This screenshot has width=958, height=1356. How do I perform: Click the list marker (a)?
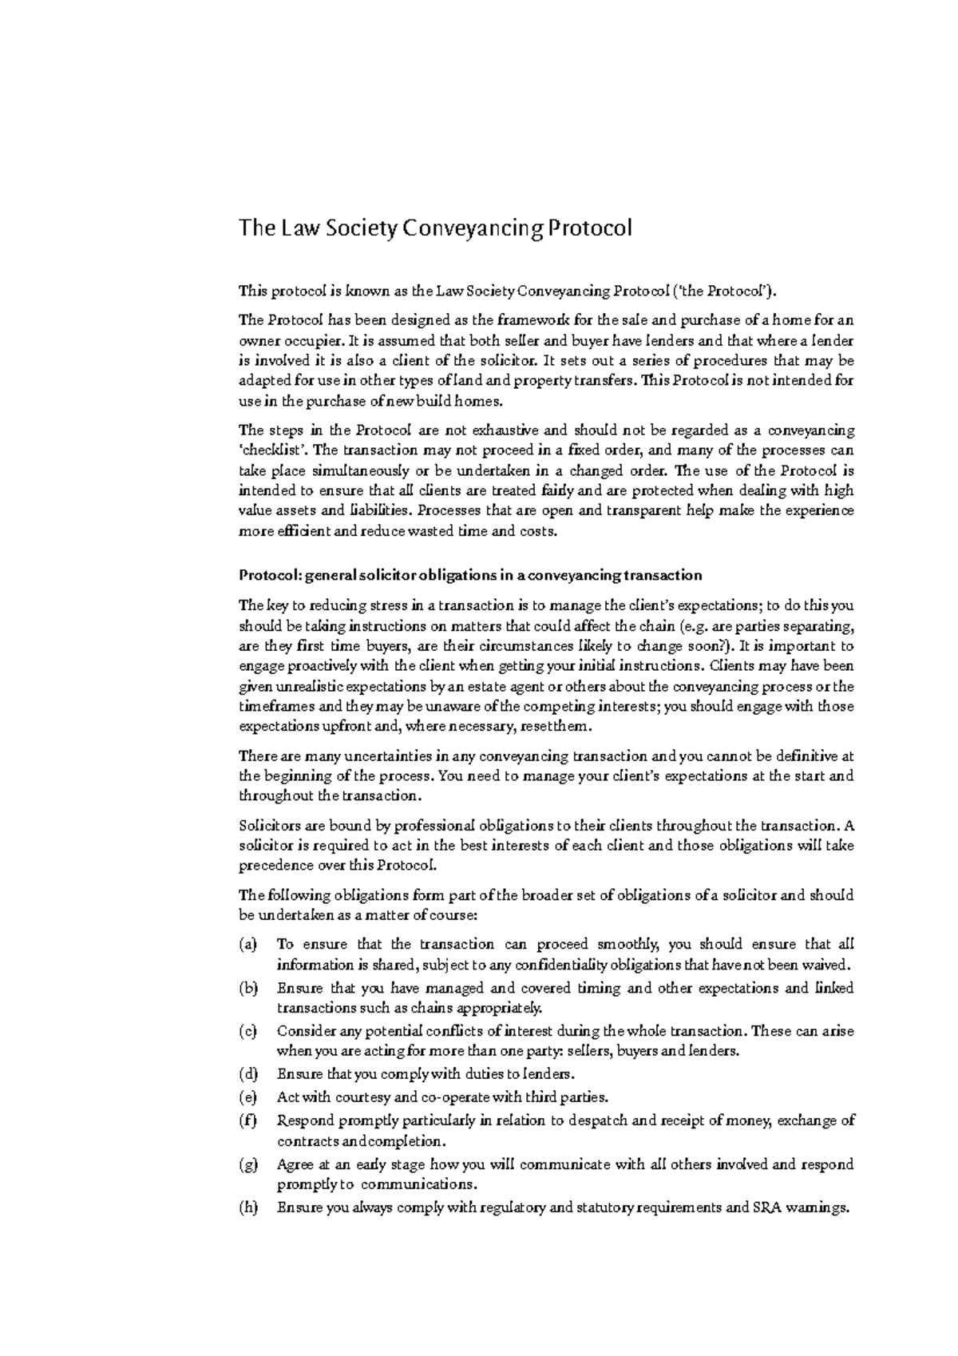pyautogui.click(x=248, y=945)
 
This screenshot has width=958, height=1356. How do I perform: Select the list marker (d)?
pyautogui.click(x=248, y=1073)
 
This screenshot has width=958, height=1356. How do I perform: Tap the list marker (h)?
pyautogui.click(x=248, y=1208)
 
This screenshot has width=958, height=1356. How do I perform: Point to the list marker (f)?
pyautogui.click(x=248, y=1120)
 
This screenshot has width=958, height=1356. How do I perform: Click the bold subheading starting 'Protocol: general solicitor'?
pyautogui.click(x=470, y=575)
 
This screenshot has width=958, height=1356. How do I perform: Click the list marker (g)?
pyautogui.click(x=248, y=1165)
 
